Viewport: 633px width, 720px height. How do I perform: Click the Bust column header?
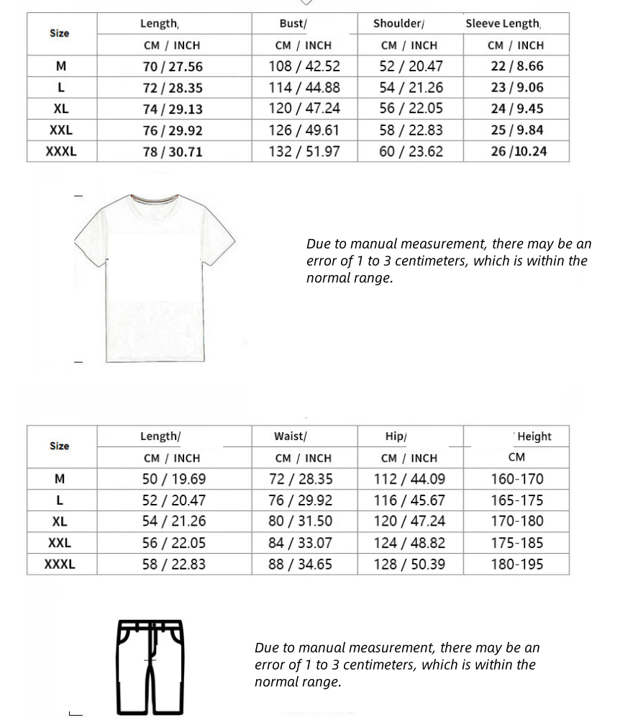[x=293, y=23]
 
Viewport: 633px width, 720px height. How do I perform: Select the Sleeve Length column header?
[x=503, y=23]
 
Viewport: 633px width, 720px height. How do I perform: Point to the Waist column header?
[x=290, y=436]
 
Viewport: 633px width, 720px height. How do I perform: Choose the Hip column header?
[x=396, y=436]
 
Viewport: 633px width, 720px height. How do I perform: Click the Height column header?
[x=534, y=436]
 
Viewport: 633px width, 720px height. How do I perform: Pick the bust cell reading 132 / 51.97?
[x=304, y=152]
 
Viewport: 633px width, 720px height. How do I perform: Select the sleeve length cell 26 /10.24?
[x=519, y=152]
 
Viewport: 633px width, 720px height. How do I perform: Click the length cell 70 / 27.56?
[x=173, y=66]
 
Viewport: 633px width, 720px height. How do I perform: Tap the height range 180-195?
[x=517, y=564]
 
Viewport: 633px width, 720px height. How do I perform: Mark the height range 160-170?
[x=517, y=479]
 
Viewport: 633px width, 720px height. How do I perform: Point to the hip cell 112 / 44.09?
[x=409, y=479]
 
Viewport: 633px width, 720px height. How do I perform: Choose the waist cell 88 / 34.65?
[x=300, y=564]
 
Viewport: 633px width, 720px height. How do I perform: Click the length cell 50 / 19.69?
[x=173, y=479]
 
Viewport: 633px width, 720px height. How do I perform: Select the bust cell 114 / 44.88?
[x=304, y=88]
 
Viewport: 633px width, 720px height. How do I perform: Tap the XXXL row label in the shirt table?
[x=60, y=152]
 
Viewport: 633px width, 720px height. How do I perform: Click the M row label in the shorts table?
[x=60, y=479]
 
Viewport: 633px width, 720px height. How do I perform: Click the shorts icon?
[x=150, y=666]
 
